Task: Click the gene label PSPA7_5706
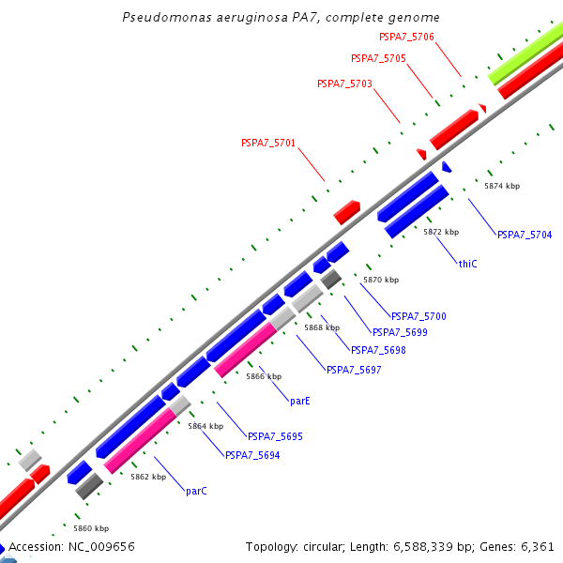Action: click(406, 37)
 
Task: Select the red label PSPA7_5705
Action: click(378, 58)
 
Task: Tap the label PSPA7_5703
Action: click(344, 84)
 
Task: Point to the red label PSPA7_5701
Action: click(268, 143)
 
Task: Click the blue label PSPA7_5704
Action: click(525, 234)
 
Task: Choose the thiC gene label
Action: click(467, 264)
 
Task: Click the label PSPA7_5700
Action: click(418, 316)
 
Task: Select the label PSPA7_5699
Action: click(400, 332)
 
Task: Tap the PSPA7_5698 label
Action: click(378, 350)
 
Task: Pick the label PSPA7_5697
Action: click(354, 370)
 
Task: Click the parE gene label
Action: click(299, 401)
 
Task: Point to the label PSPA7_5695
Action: click(275, 436)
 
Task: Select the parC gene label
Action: click(196, 491)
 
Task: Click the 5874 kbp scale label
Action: click(502, 186)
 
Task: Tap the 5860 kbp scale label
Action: click(91, 528)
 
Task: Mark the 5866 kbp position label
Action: click(264, 376)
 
